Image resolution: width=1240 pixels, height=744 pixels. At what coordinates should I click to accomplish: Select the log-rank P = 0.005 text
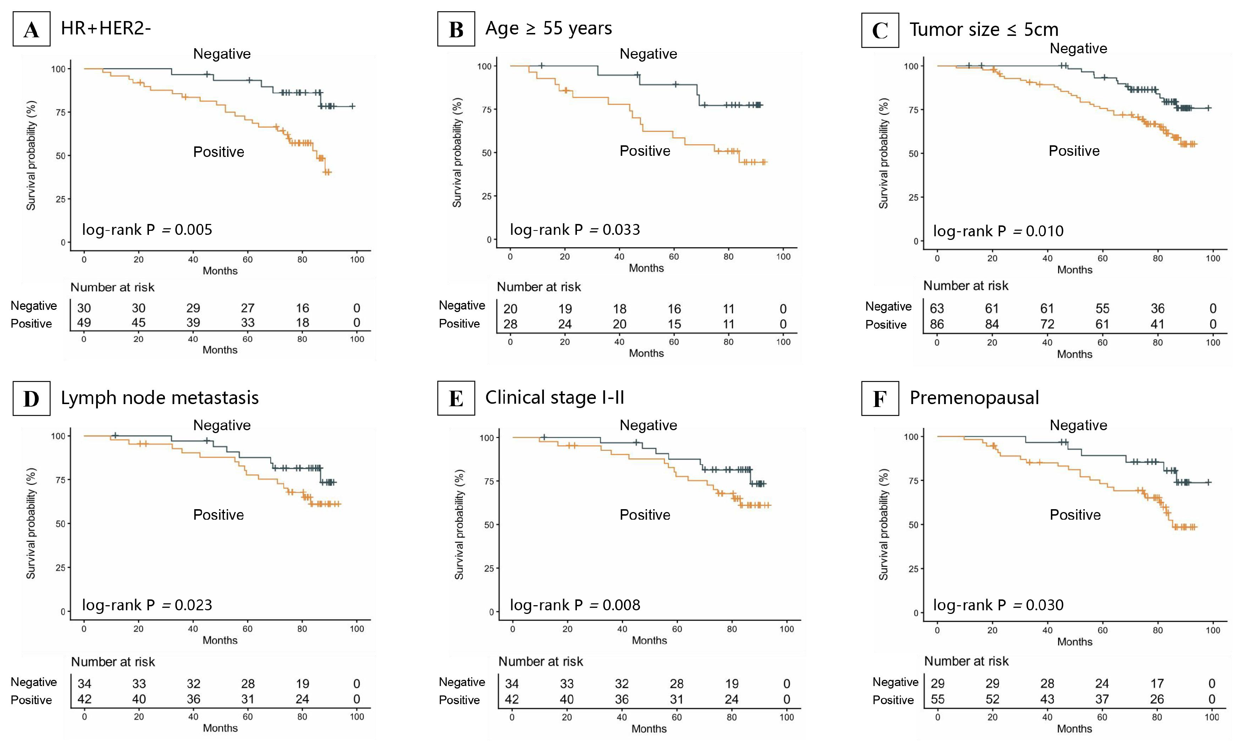[x=147, y=230]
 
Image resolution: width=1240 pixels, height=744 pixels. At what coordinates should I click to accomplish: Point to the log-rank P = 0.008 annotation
[x=575, y=605]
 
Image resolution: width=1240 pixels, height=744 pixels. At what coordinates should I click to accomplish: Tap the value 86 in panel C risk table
[x=936, y=324]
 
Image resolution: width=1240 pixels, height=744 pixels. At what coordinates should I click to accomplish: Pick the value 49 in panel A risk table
[x=84, y=323]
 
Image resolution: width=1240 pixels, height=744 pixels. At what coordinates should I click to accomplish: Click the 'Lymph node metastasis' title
[x=159, y=398]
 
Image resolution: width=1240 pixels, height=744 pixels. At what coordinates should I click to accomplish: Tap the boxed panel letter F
[x=879, y=399]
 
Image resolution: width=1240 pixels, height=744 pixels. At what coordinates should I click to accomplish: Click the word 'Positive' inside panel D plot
[x=219, y=515]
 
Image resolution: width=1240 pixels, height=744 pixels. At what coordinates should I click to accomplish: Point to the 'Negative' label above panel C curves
[x=1078, y=49]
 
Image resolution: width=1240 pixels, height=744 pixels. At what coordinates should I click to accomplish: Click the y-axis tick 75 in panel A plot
[x=61, y=112]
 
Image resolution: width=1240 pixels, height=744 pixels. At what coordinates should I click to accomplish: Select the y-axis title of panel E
[x=459, y=524]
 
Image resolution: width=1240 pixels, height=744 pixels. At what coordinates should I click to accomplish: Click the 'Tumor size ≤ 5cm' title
[x=983, y=30]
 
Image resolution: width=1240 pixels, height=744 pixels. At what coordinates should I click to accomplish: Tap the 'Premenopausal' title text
[x=974, y=398]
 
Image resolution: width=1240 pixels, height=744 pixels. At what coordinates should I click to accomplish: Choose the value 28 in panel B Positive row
[x=510, y=324]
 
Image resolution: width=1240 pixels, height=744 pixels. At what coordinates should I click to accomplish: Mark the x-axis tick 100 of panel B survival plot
[x=783, y=257]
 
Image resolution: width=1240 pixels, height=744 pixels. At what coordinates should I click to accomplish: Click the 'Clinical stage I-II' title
[x=554, y=398]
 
